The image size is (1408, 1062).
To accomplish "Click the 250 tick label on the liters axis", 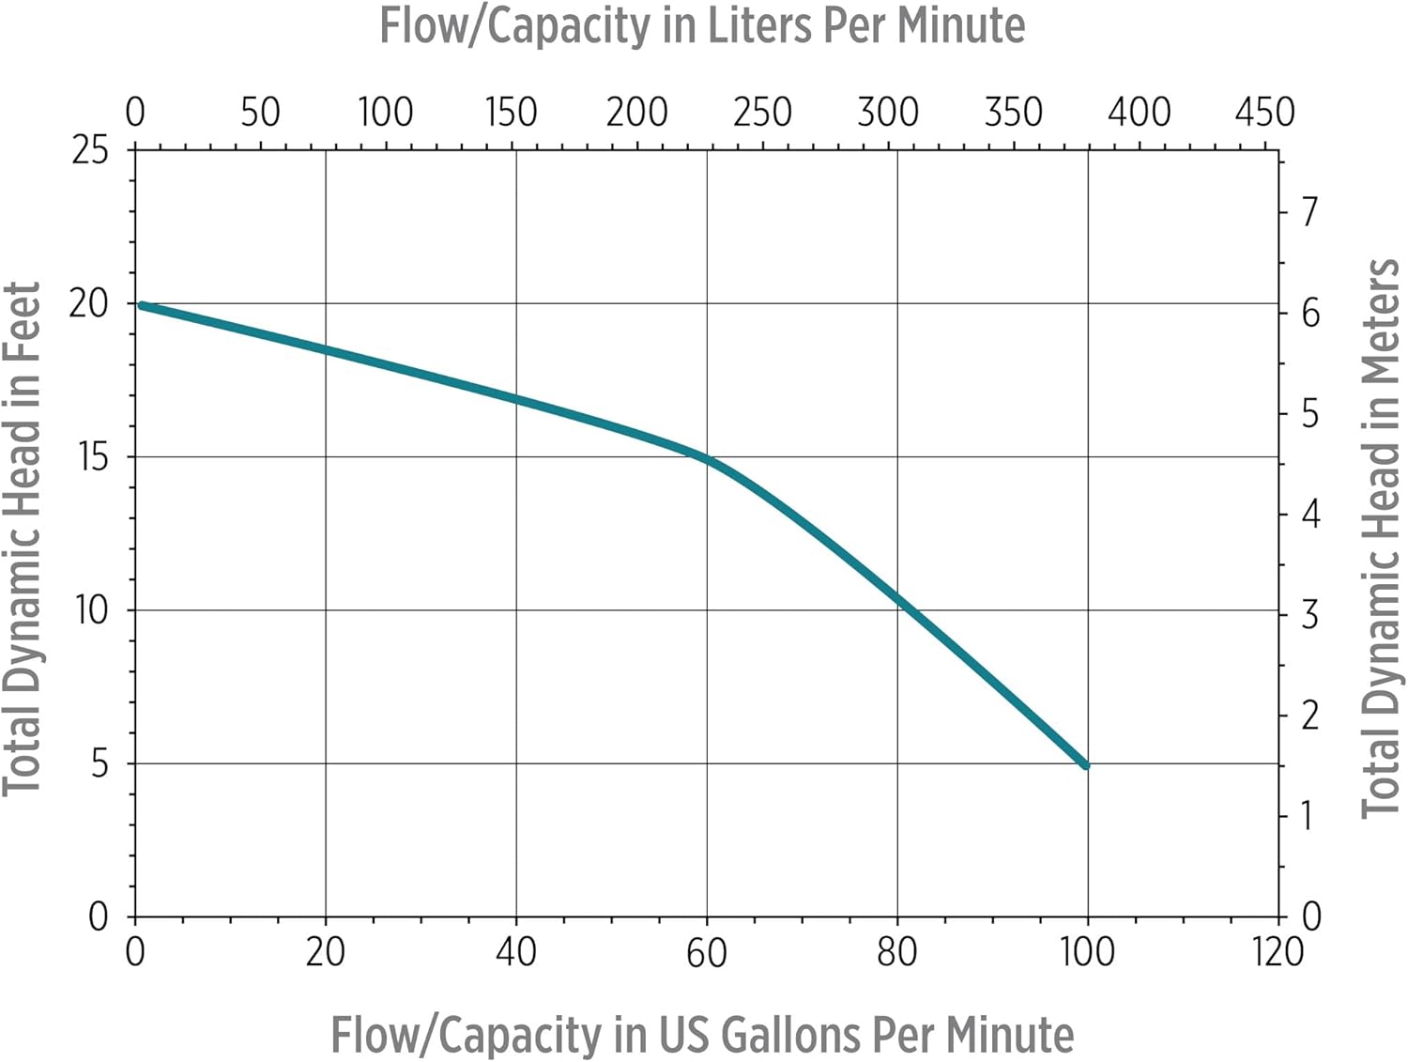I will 761,113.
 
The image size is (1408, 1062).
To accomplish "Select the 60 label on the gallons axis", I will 706,953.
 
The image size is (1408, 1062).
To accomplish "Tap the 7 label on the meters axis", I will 1309,211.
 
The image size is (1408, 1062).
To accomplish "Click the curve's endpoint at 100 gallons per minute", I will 1086,765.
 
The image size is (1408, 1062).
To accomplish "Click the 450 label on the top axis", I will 1263,113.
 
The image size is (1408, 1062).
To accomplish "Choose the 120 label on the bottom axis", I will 1277,952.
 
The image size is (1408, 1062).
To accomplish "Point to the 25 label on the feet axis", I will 90,149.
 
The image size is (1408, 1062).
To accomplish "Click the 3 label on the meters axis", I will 1309,615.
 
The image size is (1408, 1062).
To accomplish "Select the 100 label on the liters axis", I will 385,113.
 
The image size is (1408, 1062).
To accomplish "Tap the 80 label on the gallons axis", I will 896,952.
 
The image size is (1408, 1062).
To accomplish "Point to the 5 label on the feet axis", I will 99,764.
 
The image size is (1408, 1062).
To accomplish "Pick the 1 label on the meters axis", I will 1307,815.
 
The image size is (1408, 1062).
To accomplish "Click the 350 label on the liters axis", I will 1013,113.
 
